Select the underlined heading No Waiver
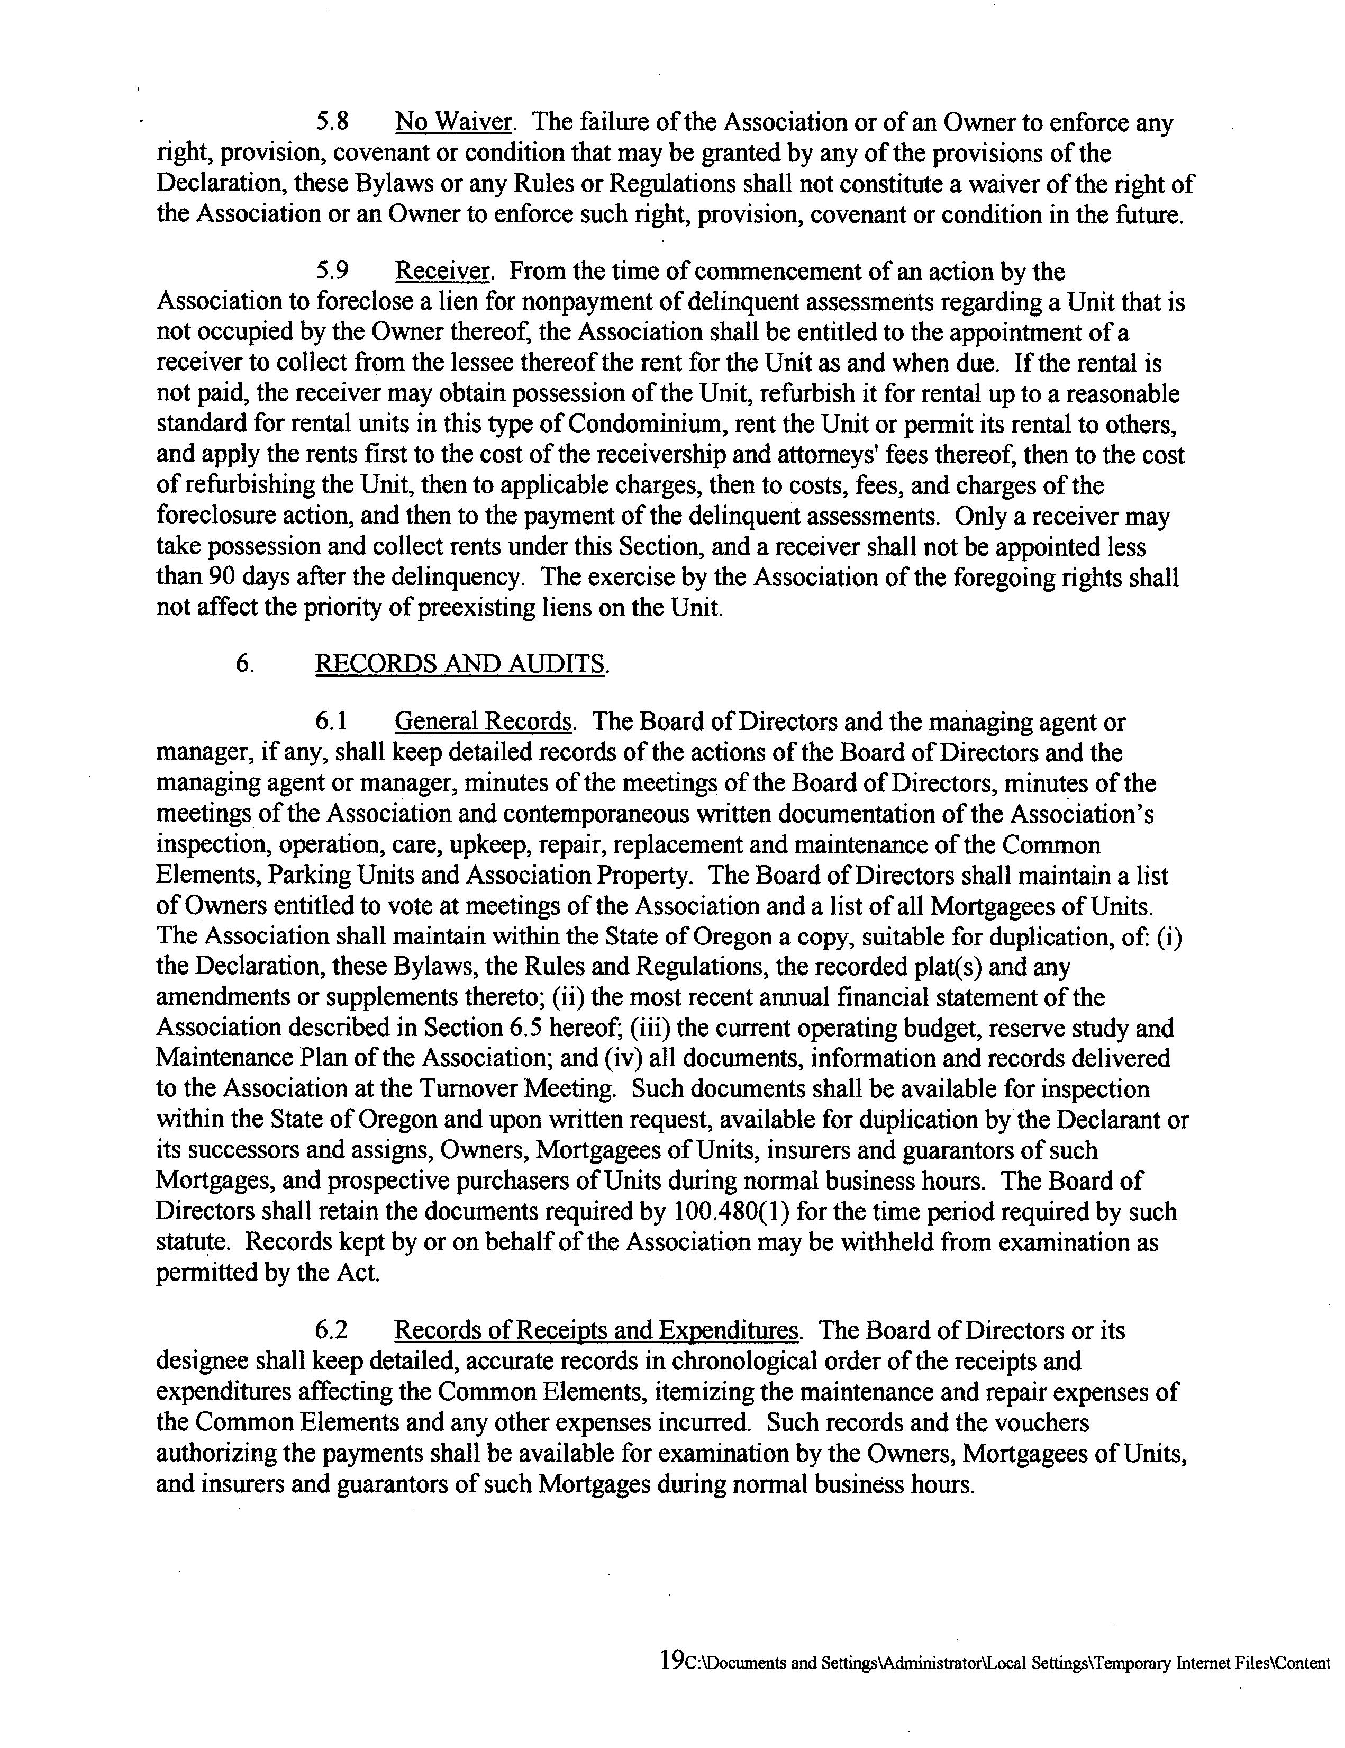pos(453,122)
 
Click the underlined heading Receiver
pos(442,272)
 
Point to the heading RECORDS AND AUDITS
pos(460,663)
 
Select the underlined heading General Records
pos(483,722)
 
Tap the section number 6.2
pos(331,1330)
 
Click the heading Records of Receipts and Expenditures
pos(596,1330)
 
